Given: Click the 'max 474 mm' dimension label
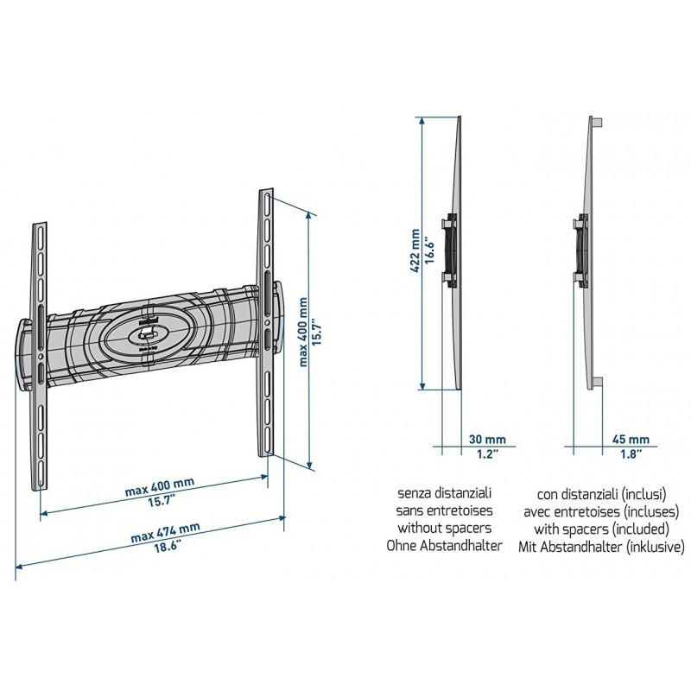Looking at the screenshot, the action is click(165, 532).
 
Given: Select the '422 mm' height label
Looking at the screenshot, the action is click(415, 250).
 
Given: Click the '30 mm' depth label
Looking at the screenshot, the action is click(487, 440).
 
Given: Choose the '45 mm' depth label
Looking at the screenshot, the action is click(631, 440).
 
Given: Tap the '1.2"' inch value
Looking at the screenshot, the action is click(488, 454).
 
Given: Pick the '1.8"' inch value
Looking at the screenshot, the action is click(631, 454).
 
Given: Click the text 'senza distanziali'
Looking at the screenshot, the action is click(444, 492).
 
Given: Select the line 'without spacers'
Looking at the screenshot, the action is click(444, 528).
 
